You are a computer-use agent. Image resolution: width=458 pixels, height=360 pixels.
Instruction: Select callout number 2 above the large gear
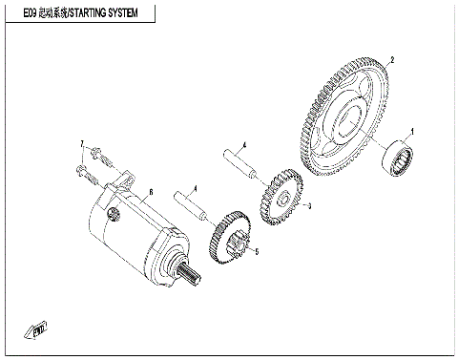(x=392, y=59)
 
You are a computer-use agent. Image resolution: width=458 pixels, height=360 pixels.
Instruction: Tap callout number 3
(x=308, y=205)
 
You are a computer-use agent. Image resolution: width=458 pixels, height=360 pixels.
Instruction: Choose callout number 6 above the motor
(x=151, y=192)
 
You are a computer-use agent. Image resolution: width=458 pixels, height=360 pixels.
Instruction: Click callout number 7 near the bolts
(x=82, y=145)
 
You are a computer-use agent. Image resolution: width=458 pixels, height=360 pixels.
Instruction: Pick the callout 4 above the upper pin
(x=245, y=145)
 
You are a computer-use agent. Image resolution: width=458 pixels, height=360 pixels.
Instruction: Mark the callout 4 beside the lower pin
(x=196, y=188)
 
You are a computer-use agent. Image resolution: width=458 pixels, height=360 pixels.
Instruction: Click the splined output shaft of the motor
(x=188, y=279)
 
